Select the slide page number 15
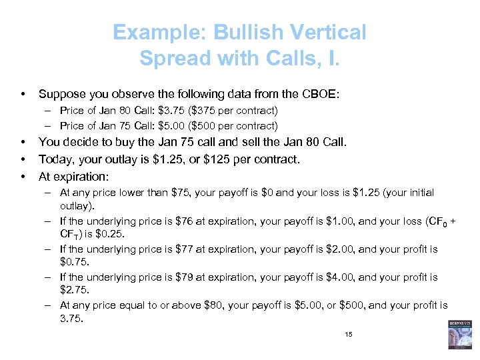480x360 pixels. [x=349, y=335]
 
